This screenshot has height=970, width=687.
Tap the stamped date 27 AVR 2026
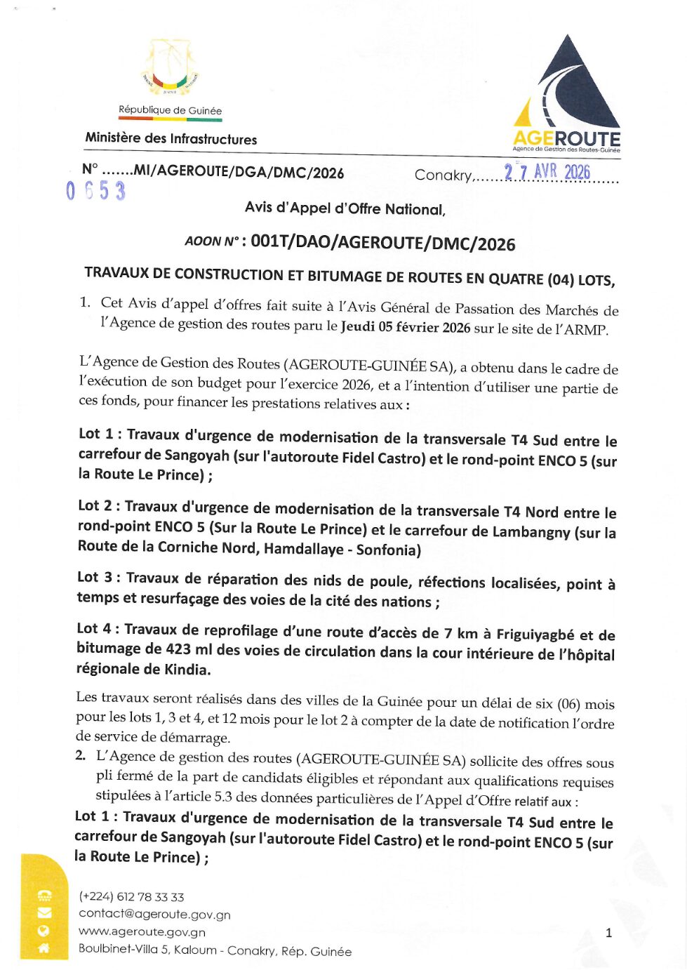tap(547, 172)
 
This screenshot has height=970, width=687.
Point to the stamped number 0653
tap(95, 191)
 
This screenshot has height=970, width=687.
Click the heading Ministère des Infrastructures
tap(171, 139)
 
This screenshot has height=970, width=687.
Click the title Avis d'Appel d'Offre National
tap(345, 208)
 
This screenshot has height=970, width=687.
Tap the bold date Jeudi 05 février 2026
tap(405, 327)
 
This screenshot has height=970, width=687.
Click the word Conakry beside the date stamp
tap(443, 175)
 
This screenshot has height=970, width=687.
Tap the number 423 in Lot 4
tap(178, 649)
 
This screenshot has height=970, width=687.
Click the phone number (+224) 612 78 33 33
tap(131, 897)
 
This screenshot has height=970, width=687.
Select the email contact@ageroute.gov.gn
tap(154, 914)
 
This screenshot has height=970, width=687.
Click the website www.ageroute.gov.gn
tap(142, 932)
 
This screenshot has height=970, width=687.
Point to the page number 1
tap(608, 933)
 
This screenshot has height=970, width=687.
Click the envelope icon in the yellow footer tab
tap(44, 913)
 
